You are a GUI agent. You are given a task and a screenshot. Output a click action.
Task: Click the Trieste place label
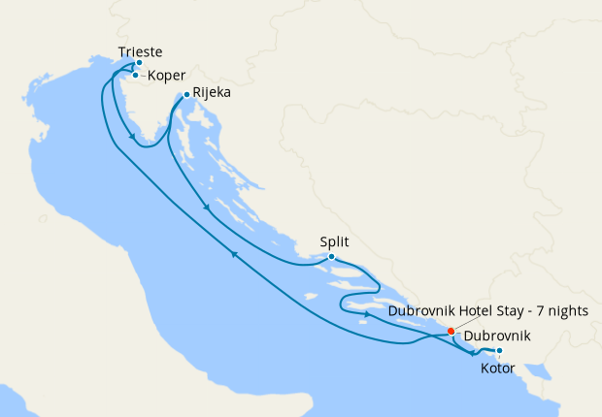pos(140,51)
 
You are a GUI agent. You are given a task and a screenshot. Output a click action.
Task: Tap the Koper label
pos(168,76)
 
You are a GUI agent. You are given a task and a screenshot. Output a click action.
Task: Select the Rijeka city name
pos(212,94)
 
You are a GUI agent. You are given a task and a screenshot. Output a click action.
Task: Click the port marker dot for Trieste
pos(139,63)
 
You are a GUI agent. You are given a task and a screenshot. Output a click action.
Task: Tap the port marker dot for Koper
pos(135,75)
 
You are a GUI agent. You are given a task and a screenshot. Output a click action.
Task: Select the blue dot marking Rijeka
pos(186,95)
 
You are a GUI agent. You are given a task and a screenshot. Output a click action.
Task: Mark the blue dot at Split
pos(331,257)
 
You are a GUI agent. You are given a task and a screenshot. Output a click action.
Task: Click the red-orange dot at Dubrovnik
pos(451,332)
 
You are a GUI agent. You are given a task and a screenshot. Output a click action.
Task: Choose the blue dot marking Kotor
pos(499,351)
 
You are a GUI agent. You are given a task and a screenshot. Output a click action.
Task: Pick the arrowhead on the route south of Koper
pos(130,142)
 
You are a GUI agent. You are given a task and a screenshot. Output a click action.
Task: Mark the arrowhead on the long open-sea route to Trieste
pos(233,254)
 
